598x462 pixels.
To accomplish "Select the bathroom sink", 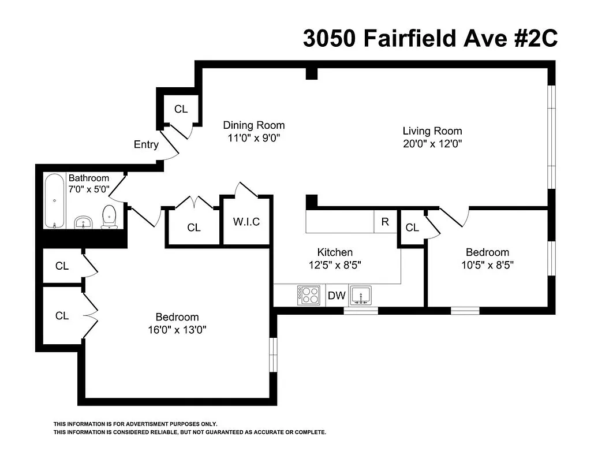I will (84, 222).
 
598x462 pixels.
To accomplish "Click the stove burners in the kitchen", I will (308, 295).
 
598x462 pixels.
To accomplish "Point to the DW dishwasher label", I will (337, 296).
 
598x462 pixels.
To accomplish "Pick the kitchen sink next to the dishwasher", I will (362, 295).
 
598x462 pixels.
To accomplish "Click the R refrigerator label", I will (385, 222).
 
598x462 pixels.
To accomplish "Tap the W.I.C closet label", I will (246, 222).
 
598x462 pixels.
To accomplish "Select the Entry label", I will (146, 144).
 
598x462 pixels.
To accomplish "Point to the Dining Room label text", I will (254, 125).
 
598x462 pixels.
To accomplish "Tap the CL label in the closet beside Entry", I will (181, 109).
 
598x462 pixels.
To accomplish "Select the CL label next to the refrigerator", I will (412, 228).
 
